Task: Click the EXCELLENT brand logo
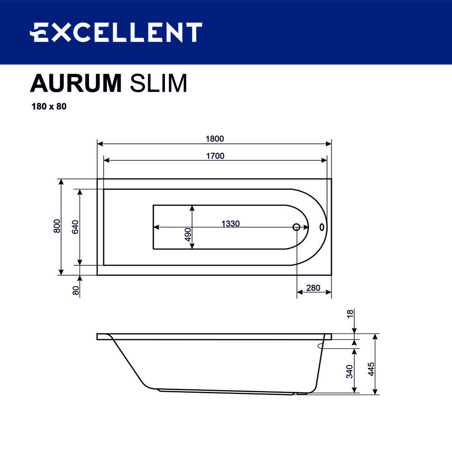coord(116,33)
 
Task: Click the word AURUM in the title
coord(76,83)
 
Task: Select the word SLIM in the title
coord(158,83)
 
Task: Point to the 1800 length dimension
coord(215,139)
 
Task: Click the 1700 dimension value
coord(215,156)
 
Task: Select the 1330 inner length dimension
coord(230,223)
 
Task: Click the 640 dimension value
coord(75,227)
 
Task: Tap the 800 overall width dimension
coord(56,226)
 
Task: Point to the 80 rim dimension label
coord(76,290)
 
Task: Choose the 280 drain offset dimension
coord(313,288)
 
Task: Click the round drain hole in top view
coord(297,227)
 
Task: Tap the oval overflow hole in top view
coord(322,227)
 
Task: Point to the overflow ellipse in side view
coord(325,346)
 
